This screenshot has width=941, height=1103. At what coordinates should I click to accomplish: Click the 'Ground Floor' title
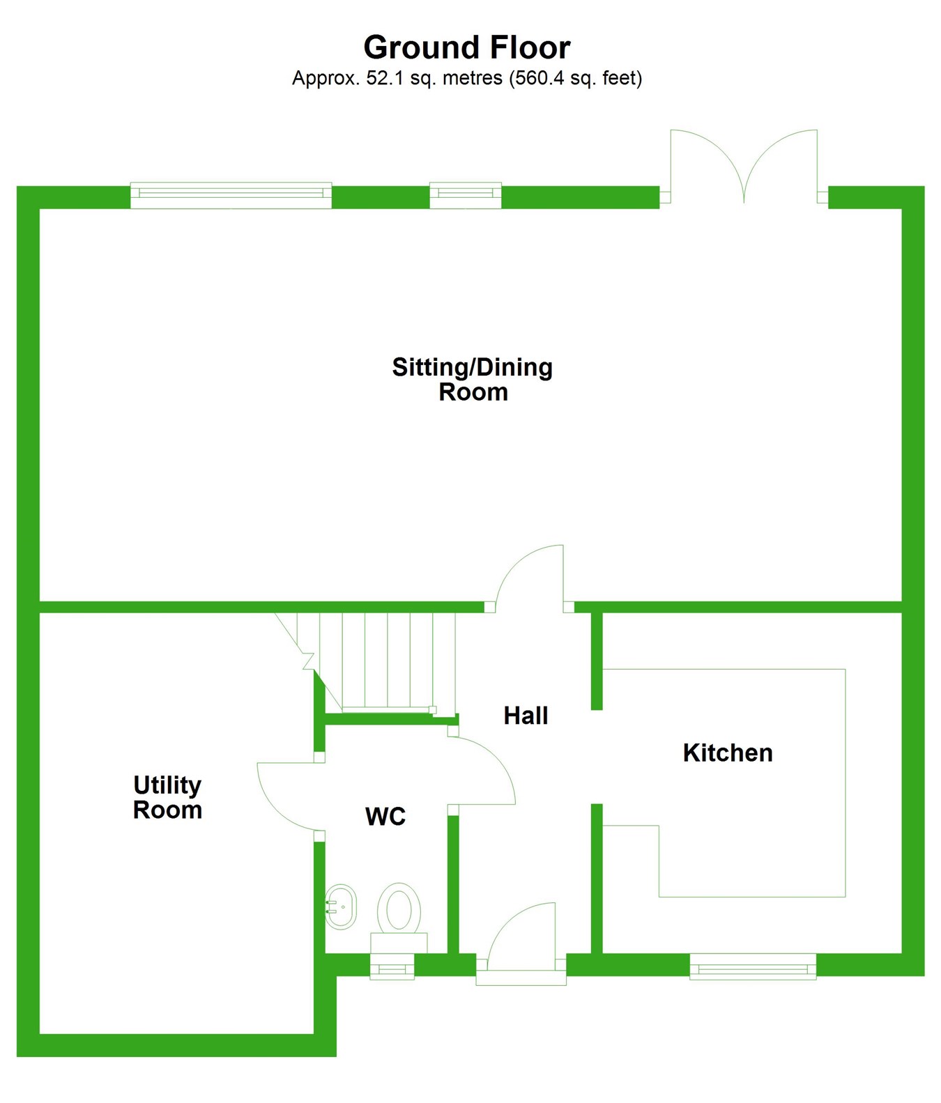coord(467,47)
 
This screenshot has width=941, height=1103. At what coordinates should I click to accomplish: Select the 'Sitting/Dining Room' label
coord(473,379)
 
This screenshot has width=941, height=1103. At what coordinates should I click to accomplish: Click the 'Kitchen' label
coord(728,753)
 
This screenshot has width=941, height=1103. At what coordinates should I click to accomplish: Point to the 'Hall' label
coord(526,716)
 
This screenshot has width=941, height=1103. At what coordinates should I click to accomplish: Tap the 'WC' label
coord(385,816)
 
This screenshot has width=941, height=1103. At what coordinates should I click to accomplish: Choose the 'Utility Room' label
coord(167,797)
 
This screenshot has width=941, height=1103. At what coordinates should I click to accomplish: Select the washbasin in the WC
coord(342,907)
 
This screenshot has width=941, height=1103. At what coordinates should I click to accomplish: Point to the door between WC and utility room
coord(287,794)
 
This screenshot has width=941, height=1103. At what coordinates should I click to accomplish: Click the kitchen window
coord(753,966)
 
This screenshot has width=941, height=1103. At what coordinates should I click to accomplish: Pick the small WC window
coord(392,967)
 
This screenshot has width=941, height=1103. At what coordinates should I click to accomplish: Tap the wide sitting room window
coord(231,195)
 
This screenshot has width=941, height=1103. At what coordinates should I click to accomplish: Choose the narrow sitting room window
coord(465,195)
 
